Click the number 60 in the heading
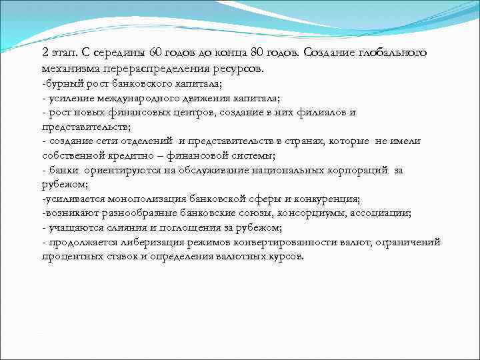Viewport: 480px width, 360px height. tap(156, 53)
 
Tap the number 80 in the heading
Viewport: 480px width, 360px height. tap(268, 53)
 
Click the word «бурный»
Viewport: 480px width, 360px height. tap(59, 83)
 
